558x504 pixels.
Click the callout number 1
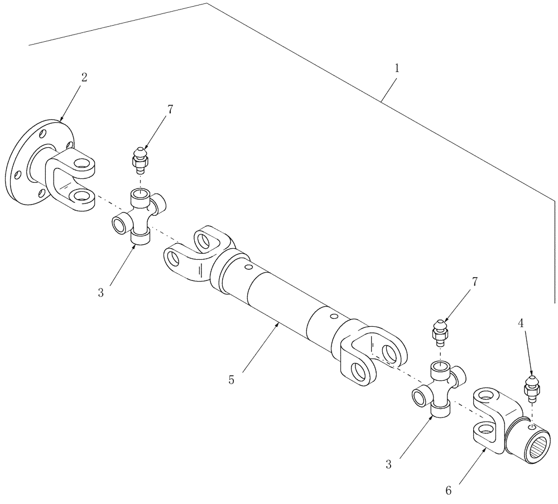point(397,69)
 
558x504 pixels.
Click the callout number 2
point(84,77)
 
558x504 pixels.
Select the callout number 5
point(231,380)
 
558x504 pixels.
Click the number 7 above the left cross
point(170,109)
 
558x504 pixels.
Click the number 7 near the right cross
point(475,282)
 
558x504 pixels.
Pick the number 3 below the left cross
point(101,292)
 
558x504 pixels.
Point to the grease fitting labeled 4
point(531,387)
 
